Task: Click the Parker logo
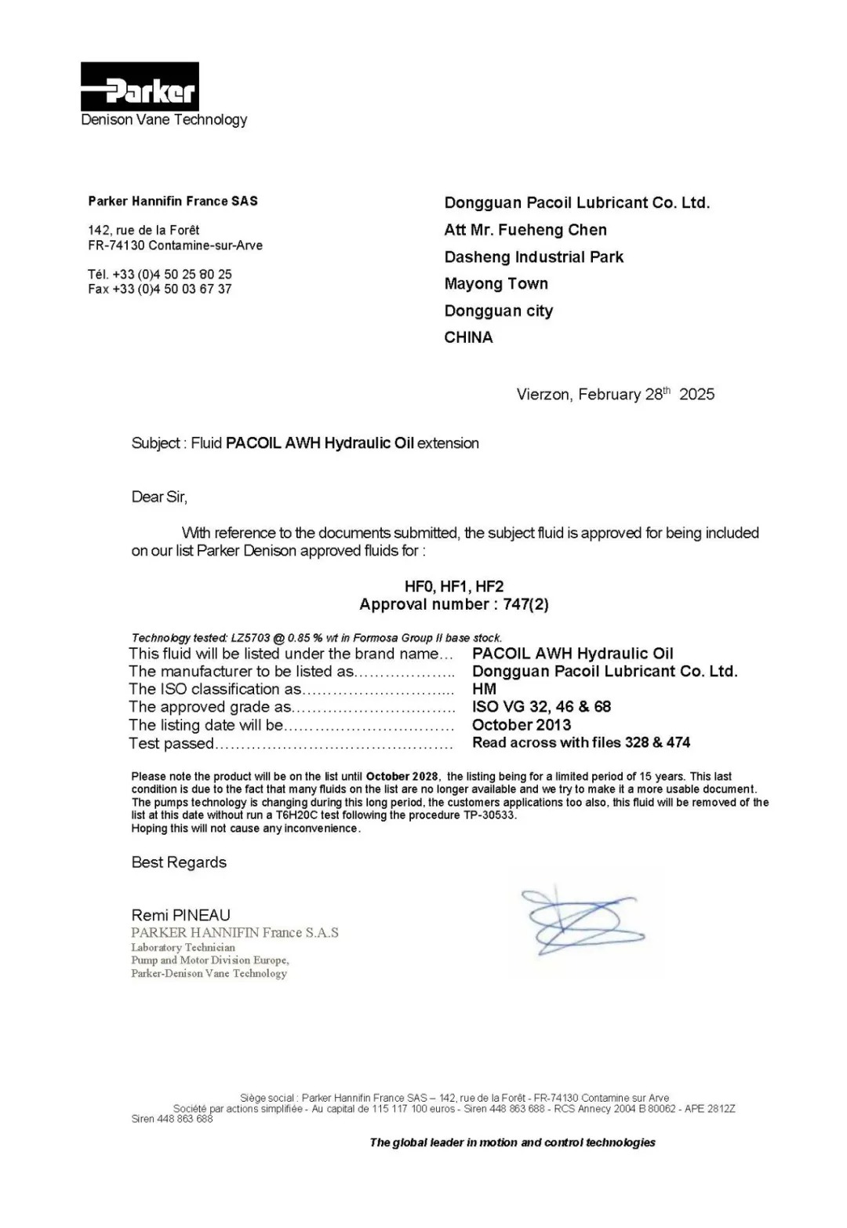140,87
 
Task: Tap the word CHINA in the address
468,337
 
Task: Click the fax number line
160,289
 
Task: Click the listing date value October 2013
522,725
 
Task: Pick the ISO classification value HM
484,689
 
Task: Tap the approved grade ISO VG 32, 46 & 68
541,707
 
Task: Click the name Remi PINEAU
181,915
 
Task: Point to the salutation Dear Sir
159,497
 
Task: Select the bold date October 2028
402,776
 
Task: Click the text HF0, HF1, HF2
454,586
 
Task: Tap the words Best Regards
179,862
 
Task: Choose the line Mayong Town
496,284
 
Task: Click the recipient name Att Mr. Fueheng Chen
525,230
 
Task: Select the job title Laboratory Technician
183,947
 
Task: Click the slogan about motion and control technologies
512,1142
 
